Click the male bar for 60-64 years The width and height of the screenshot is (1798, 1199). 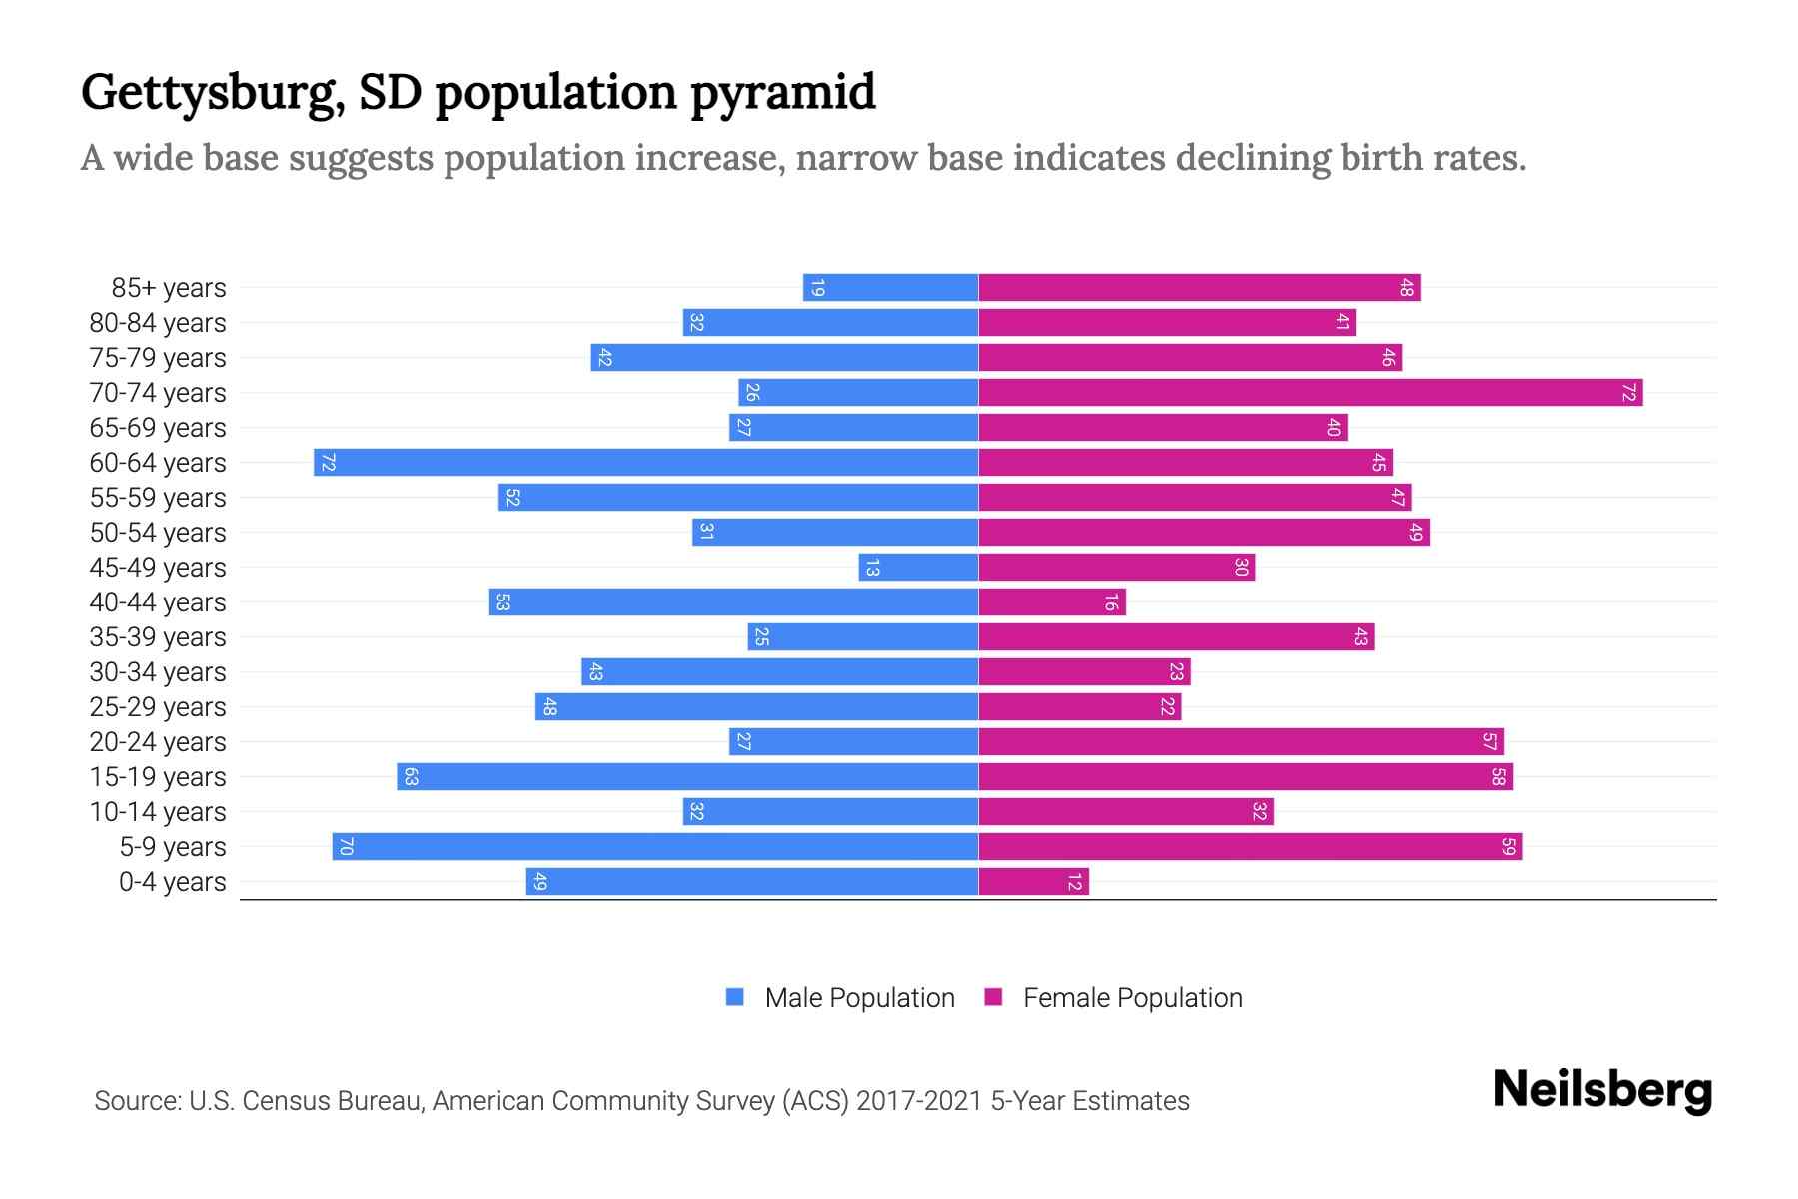tap(645, 463)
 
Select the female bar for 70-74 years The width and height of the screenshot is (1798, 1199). tap(1310, 393)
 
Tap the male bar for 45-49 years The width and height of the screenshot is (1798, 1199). tap(918, 568)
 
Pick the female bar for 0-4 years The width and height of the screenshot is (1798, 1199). tap(1033, 882)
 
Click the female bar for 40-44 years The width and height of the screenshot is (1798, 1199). tap(1051, 602)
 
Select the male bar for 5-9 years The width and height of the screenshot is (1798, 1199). tap(654, 847)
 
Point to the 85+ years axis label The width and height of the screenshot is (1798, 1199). tap(168, 288)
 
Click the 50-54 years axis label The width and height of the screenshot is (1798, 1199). tap(158, 533)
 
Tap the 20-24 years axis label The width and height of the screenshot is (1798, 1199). tap(158, 742)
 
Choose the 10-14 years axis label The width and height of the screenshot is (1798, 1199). tap(158, 812)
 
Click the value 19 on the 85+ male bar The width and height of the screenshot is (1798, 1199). tap(817, 288)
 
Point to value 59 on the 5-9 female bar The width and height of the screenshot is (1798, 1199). tap(1508, 847)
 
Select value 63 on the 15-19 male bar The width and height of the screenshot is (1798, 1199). tap(411, 777)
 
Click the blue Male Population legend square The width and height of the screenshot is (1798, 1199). tap(735, 997)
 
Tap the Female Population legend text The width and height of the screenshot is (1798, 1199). tap(1132, 997)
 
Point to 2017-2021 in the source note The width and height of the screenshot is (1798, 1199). tap(919, 1101)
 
